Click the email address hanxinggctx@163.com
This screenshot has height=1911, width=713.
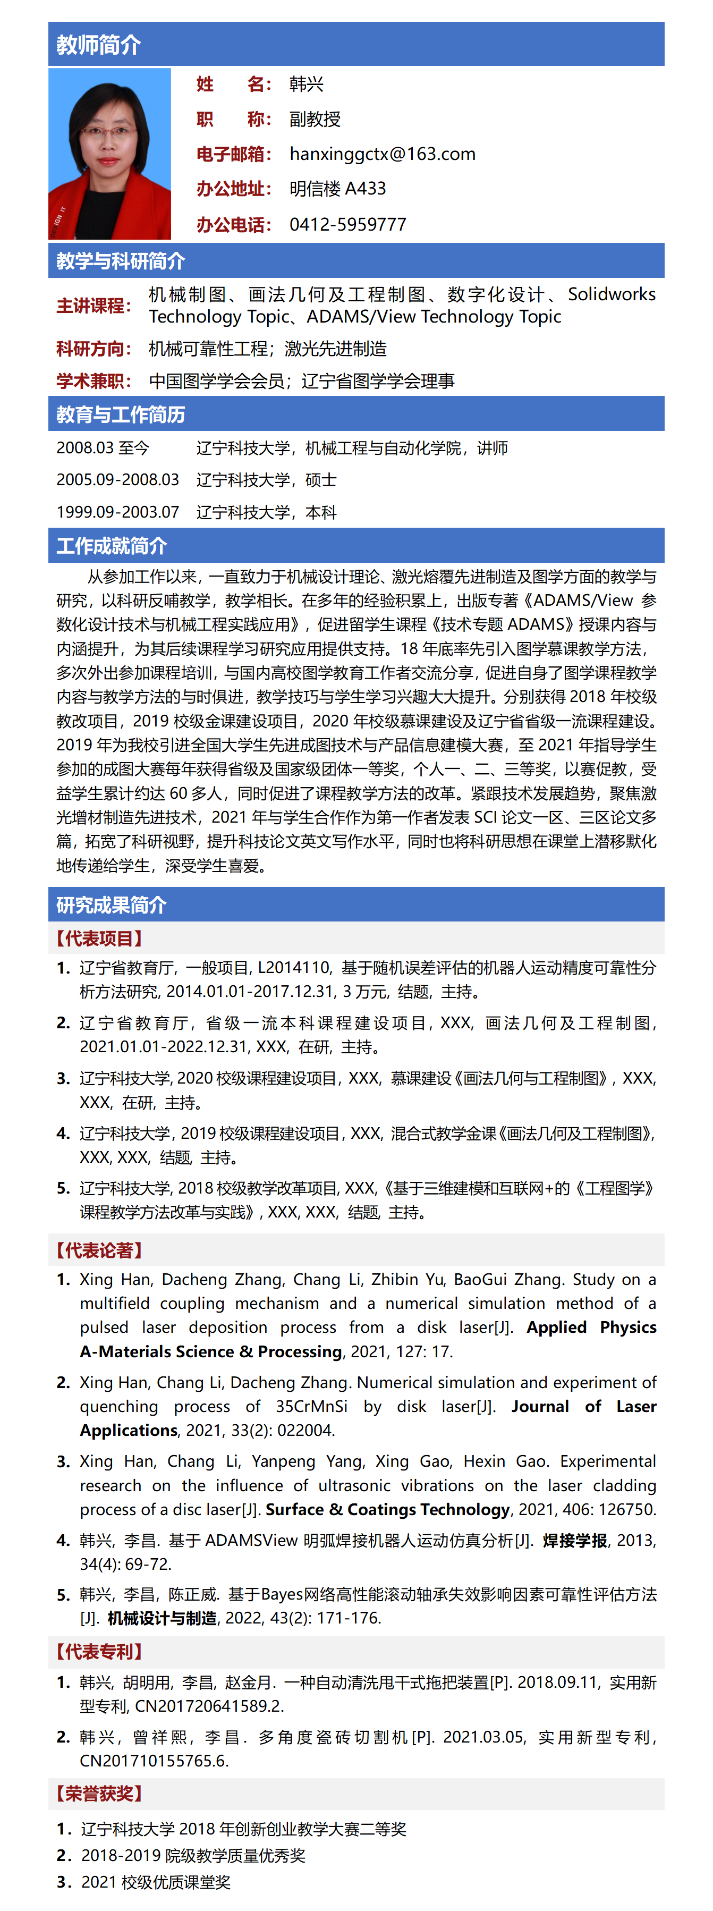coord(382,154)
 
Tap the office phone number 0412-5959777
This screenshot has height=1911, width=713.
coord(347,224)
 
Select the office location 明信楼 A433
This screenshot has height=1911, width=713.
coord(337,189)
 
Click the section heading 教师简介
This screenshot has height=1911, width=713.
coord(99,45)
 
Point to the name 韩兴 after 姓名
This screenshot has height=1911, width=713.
coord(307,84)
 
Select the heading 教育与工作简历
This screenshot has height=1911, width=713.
coord(120,415)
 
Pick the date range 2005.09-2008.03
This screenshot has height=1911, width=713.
coord(117,480)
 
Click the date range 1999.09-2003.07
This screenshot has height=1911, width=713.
coord(117,512)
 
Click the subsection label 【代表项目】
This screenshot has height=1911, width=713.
coord(98,938)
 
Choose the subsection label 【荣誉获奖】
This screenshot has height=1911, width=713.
coord(98,1793)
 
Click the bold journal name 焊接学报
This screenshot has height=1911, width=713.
coord(574,1540)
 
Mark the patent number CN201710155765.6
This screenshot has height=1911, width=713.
coord(154,1761)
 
